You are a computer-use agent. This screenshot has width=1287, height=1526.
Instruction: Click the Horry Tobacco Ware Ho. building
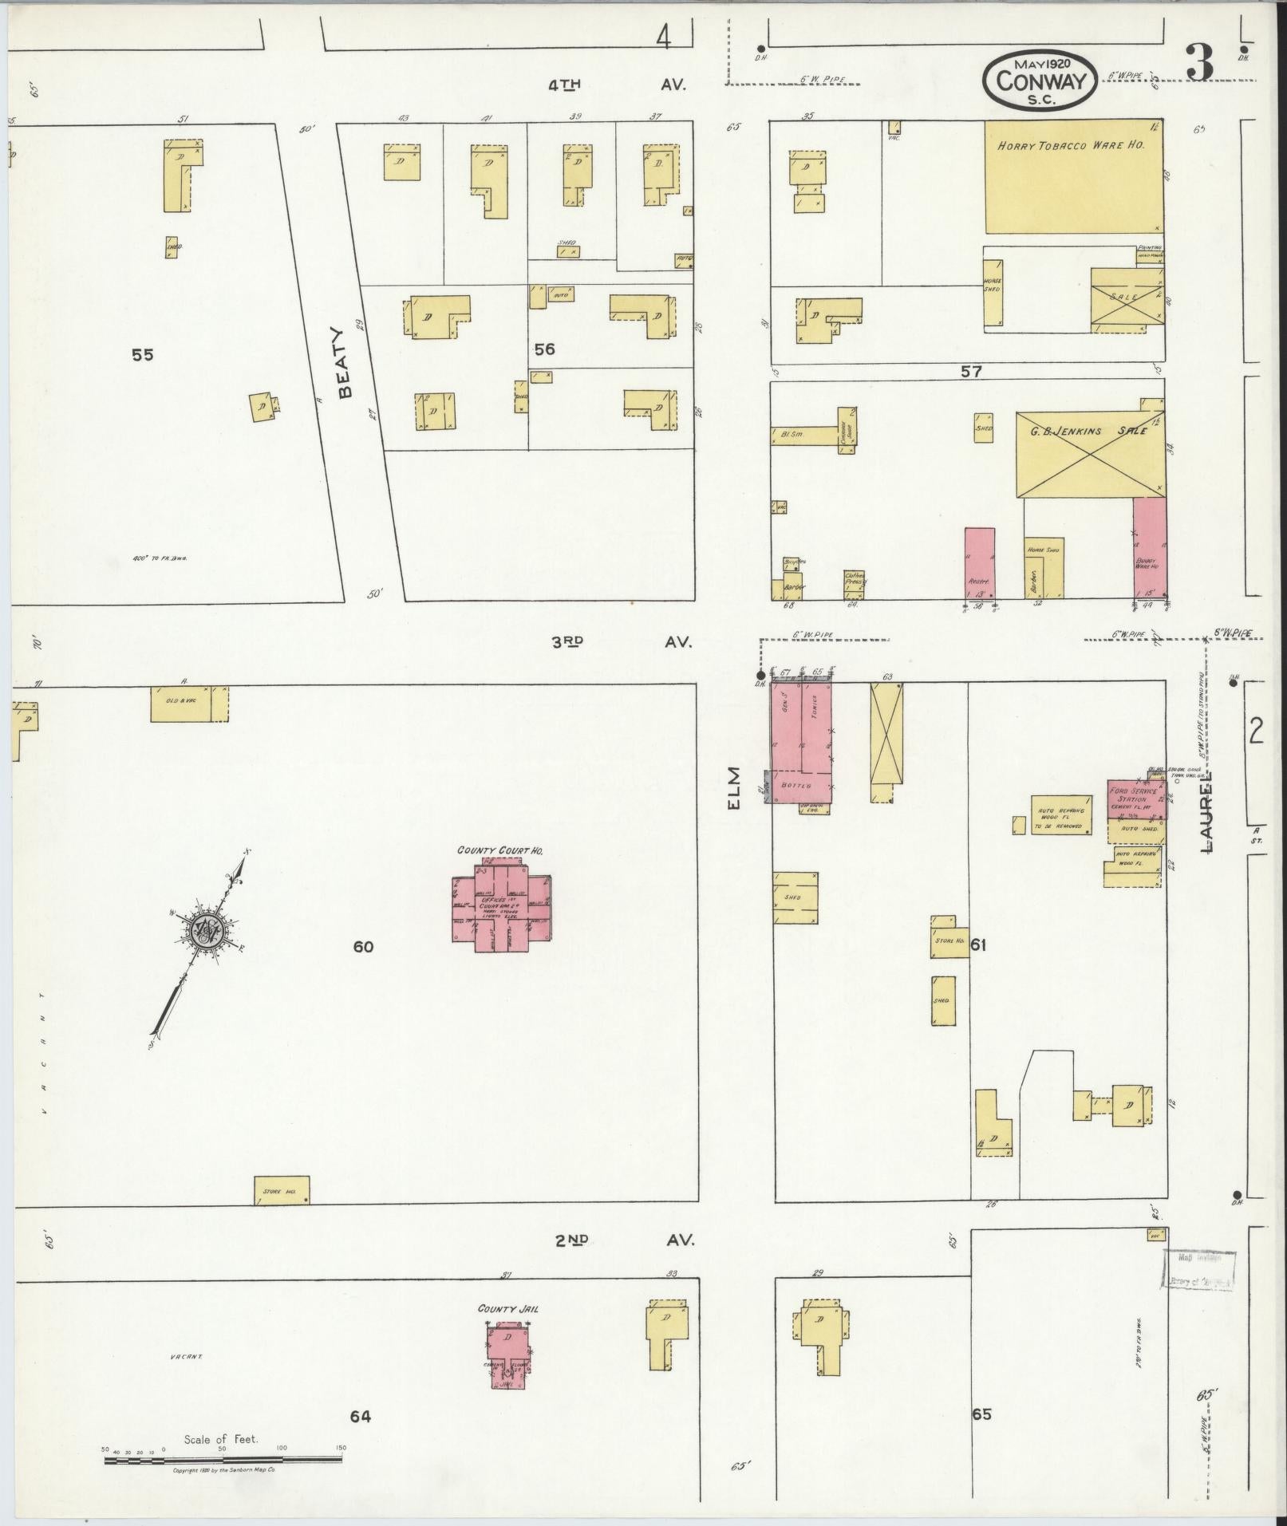(x=1072, y=177)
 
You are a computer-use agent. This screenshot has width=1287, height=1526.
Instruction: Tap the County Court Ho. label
(x=499, y=851)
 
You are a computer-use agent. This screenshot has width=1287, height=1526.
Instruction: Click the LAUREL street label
(x=1206, y=812)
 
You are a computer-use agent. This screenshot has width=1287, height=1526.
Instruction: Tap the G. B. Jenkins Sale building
(x=1089, y=455)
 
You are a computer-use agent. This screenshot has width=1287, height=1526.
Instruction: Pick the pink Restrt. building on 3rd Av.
(x=979, y=562)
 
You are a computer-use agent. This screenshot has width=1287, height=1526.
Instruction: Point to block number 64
(x=361, y=1416)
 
